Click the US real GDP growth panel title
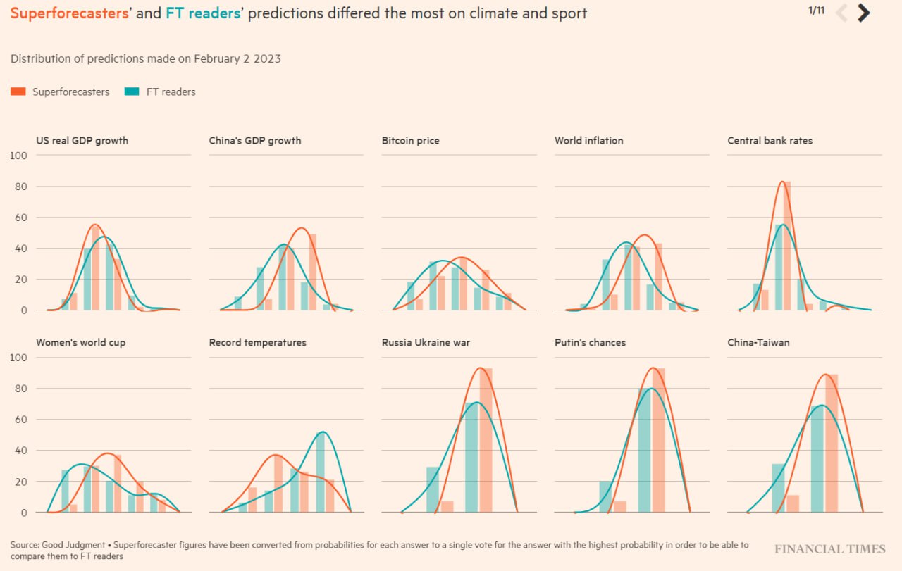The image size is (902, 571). click(82, 141)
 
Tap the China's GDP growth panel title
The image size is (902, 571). click(255, 141)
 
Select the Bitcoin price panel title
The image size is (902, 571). click(410, 141)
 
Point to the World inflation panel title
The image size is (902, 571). click(588, 141)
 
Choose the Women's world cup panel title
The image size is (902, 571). click(81, 343)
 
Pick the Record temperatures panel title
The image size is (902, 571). click(257, 343)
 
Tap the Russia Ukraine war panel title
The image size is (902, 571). click(426, 343)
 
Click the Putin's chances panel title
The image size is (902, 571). click(590, 343)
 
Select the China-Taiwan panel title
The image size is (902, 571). click(758, 343)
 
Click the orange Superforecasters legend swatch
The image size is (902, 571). click(18, 92)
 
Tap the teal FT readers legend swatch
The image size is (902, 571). click(132, 92)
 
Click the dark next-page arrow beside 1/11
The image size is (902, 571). click(863, 13)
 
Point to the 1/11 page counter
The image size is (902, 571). click(816, 11)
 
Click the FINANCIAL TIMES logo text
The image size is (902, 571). click(829, 549)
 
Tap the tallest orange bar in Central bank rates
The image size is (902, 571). click(787, 246)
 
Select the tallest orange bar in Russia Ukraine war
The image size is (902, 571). click(486, 440)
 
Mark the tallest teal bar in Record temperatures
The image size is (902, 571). click(321, 472)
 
